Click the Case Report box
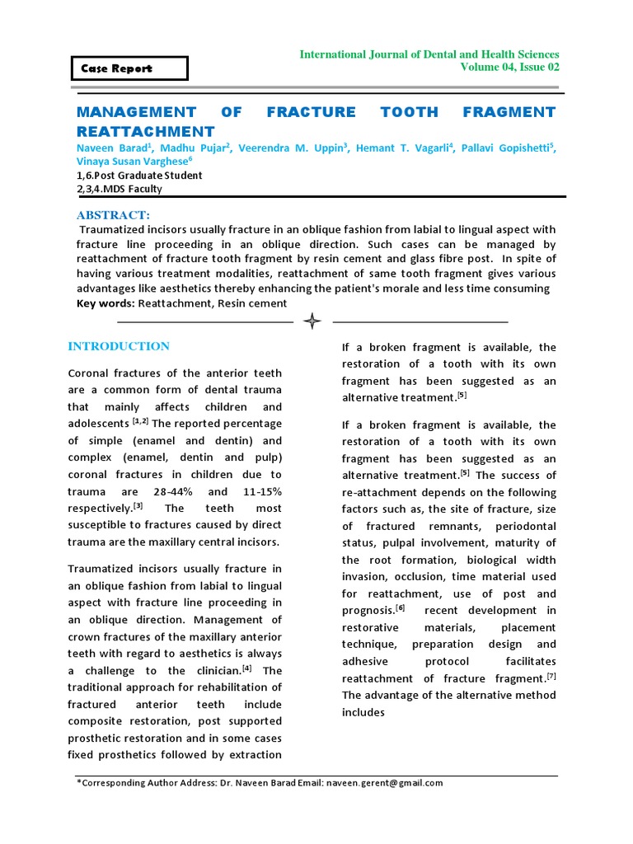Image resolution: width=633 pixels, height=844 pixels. click(x=129, y=68)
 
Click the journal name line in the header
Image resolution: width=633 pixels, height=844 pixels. click(x=429, y=54)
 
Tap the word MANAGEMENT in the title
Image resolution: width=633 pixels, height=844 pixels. click(x=136, y=111)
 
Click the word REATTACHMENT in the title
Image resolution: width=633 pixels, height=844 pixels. click(x=145, y=131)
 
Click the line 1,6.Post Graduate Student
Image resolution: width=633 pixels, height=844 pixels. click(x=139, y=176)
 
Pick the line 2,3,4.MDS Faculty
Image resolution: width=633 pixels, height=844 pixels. click(x=120, y=189)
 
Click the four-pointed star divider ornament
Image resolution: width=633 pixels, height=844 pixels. click(x=312, y=321)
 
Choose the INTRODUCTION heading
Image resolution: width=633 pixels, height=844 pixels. click(x=119, y=346)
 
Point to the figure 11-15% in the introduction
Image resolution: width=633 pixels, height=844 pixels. click(x=258, y=491)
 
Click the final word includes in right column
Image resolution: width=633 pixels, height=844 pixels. click(x=363, y=712)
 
